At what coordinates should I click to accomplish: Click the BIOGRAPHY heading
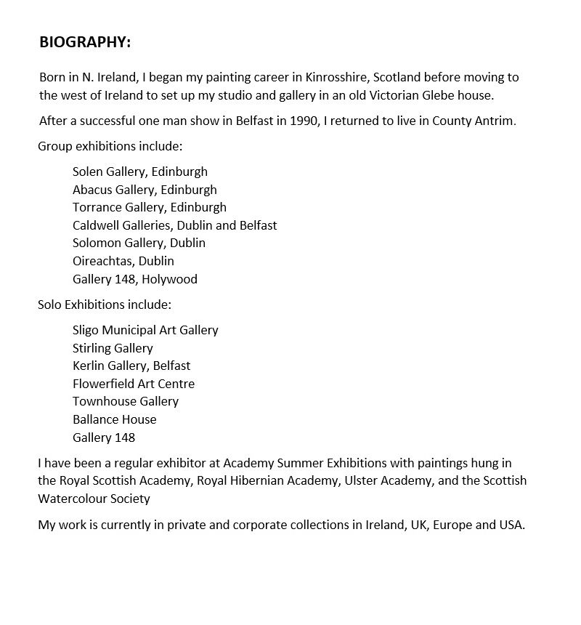[x=85, y=42]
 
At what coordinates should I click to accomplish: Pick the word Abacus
[x=92, y=190]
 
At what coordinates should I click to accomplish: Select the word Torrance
[x=97, y=207]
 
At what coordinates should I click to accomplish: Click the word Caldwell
[x=97, y=225]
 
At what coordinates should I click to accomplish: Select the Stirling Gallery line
[x=113, y=348]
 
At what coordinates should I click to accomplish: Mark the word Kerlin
[x=89, y=366]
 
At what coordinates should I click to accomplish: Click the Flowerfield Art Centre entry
[x=134, y=384]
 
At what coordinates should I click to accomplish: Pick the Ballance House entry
[x=114, y=419]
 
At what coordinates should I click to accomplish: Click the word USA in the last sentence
[x=510, y=525]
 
